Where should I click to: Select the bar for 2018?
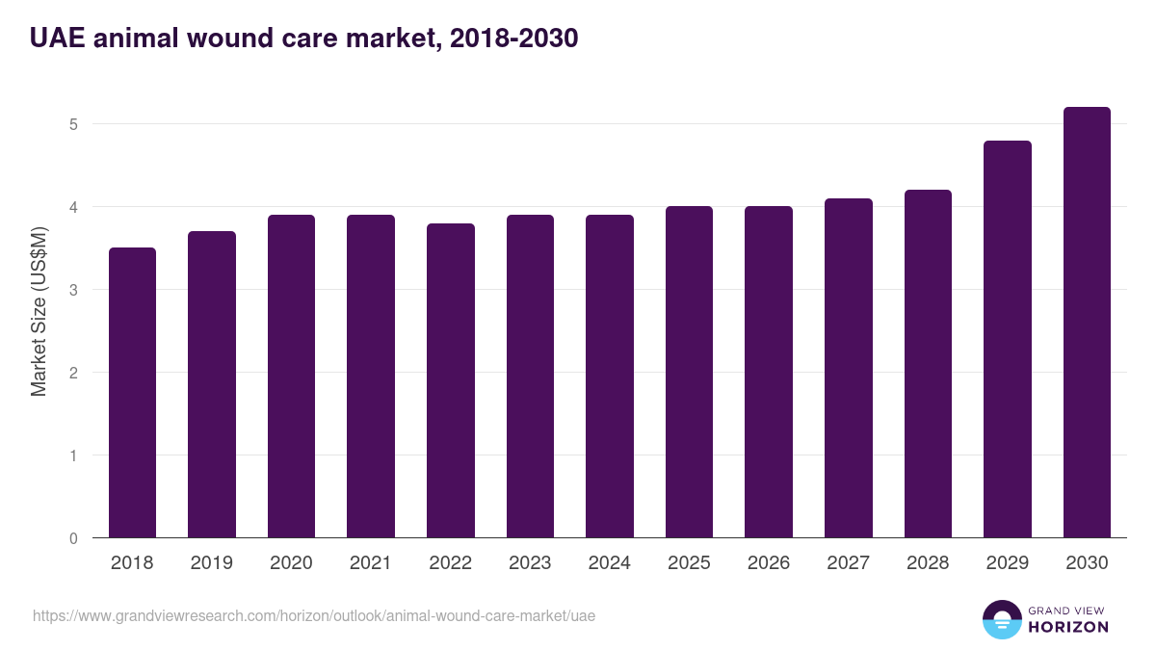tap(132, 393)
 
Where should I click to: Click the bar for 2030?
tap(1087, 323)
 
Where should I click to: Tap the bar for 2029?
tap(1008, 339)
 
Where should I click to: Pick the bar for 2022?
tap(451, 380)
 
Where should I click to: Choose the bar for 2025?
tap(689, 372)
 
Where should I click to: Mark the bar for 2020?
tap(291, 377)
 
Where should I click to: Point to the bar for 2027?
tap(849, 368)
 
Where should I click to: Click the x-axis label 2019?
tap(211, 563)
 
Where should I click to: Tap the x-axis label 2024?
tap(609, 563)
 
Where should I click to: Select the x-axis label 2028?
tap(928, 563)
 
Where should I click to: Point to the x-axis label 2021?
tap(371, 563)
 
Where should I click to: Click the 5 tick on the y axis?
tap(73, 124)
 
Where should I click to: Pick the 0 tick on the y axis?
tap(73, 538)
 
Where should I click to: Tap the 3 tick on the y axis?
tap(73, 290)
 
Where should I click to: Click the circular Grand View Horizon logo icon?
tap(1001, 619)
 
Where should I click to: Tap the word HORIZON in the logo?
tap(1068, 627)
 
